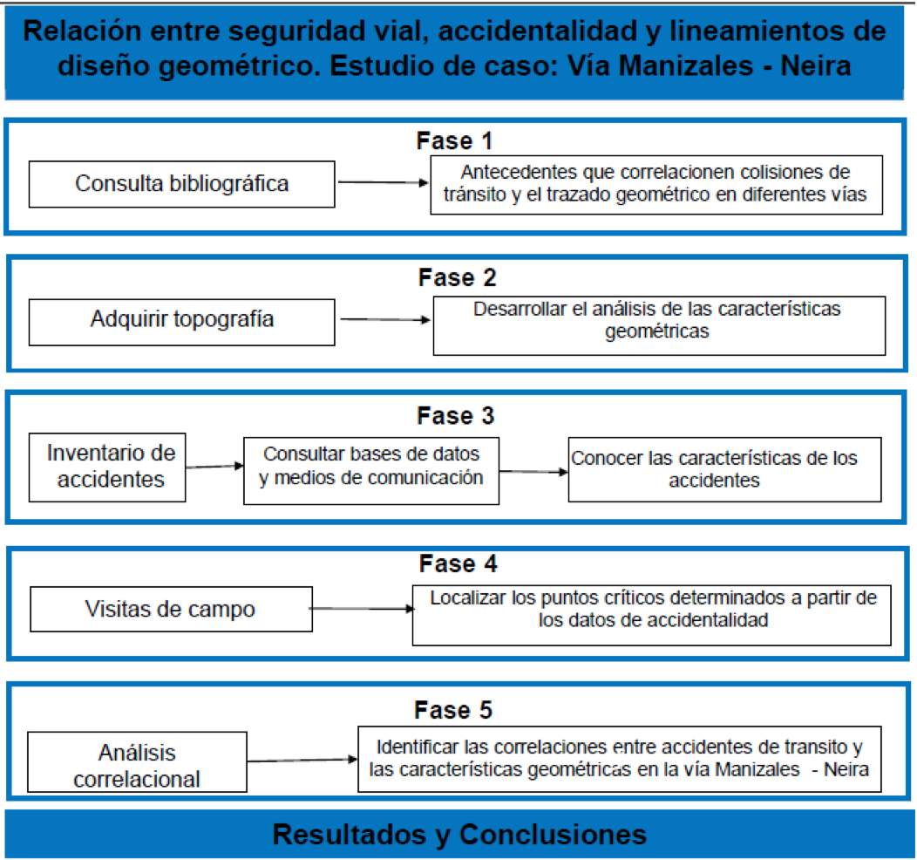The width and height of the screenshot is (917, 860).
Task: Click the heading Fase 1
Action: coord(454,141)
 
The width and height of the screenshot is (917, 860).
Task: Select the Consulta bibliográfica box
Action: coord(182,184)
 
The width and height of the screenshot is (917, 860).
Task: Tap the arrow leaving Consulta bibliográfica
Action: coord(383,182)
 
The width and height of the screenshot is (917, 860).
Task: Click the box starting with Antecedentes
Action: coord(656,185)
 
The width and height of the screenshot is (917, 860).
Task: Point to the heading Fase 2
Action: coord(457,278)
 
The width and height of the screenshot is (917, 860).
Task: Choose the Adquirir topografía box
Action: coord(182,323)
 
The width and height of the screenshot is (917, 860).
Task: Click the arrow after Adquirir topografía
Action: coord(385,319)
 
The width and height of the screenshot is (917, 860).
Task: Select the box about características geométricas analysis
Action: coord(659,326)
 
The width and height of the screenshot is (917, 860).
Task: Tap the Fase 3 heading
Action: coord(456,416)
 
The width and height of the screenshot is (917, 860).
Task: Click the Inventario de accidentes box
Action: coord(107,468)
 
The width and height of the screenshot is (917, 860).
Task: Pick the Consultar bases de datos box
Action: coord(371,471)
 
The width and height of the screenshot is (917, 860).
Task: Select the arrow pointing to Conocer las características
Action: coord(533,472)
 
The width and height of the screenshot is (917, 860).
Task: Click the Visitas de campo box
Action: coord(172,609)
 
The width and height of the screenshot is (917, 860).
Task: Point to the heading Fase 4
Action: coord(458,564)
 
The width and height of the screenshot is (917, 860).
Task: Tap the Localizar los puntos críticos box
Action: coord(651,616)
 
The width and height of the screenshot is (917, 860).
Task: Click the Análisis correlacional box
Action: coord(137,761)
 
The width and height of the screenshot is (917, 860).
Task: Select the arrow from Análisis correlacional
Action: coord(302,760)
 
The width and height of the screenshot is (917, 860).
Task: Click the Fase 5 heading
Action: coord(453,710)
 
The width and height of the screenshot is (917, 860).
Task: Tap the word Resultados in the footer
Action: coord(350,834)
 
